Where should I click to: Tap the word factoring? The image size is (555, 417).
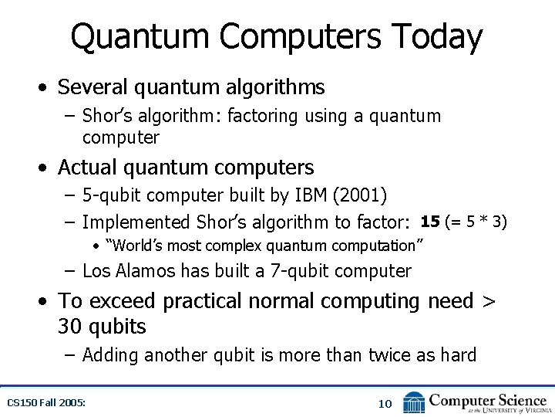tap(264, 117)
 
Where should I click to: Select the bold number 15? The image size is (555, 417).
tap(430, 222)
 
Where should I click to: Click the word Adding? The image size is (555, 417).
tap(110, 355)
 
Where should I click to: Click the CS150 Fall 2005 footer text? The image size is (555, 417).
tap(46, 402)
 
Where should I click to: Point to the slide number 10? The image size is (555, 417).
tap(385, 403)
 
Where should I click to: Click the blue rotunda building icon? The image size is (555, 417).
tap(414, 402)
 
